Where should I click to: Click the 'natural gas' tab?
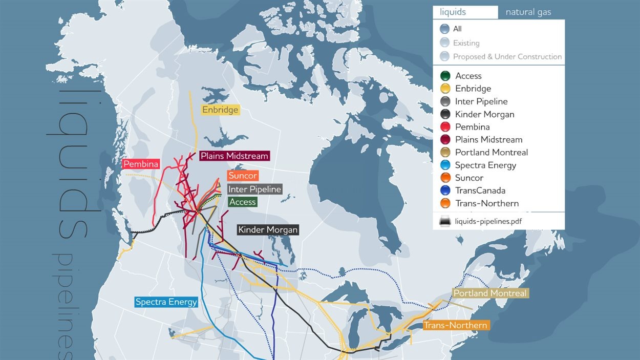point(528,12)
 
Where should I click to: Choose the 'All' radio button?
point(444,29)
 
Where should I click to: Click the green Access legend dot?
point(445,76)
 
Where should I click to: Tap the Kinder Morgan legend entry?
point(484,114)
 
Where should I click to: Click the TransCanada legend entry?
point(480,190)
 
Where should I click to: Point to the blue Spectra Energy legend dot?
point(445,165)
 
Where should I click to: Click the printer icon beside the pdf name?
point(445,221)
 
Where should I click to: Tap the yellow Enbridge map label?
point(220,110)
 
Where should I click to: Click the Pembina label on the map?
point(141,164)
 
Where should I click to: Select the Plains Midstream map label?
point(234,156)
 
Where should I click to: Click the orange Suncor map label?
point(243,176)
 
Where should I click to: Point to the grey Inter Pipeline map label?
point(254,189)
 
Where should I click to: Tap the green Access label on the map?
point(242,202)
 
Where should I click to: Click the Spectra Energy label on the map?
point(166,302)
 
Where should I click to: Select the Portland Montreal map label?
point(490,293)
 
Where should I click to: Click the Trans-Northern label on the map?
point(455,325)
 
